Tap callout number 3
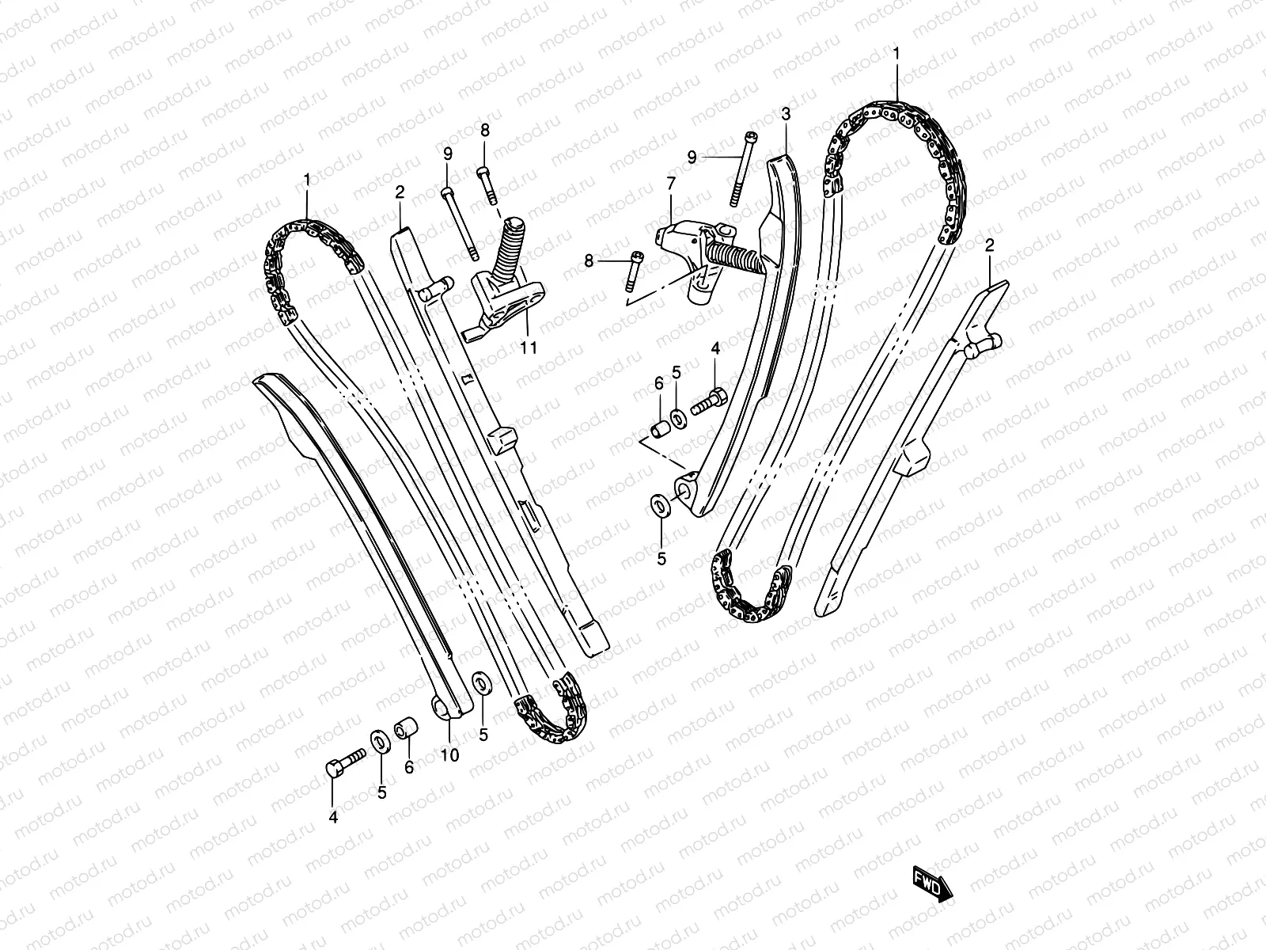click(x=785, y=115)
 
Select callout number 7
click(x=671, y=184)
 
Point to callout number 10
click(x=449, y=755)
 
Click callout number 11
click(x=529, y=347)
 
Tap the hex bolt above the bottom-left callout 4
click(x=343, y=763)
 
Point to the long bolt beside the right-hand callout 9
click(x=744, y=169)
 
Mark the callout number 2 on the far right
click(x=989, y=245)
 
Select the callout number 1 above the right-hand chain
click(x=896, y=53)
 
